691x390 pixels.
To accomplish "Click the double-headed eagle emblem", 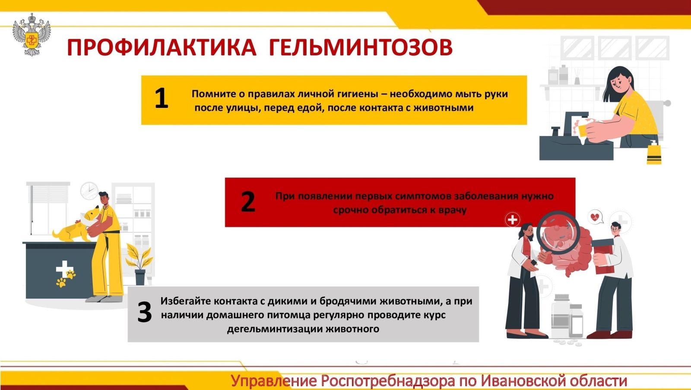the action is (x=32, y=35).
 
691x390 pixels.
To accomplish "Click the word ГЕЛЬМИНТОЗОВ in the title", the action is (x=361, y=48).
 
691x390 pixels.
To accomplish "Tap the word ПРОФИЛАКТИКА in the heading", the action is (x=162, y=48).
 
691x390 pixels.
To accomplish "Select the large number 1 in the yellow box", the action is (x=162, y=98).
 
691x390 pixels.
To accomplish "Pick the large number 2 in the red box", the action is (x=248, y=202).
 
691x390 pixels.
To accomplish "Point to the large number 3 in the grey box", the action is (x=144, y=312).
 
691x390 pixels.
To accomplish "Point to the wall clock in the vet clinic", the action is (x=89, y=191).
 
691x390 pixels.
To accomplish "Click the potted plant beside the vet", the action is (x=140, y=264).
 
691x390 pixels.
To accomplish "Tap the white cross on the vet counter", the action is (x=63, y=269).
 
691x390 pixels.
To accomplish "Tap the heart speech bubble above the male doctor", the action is (x=596, y=217).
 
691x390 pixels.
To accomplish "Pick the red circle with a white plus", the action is (x=512, y=220).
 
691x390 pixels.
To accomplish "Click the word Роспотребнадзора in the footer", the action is (x=388, y=381).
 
